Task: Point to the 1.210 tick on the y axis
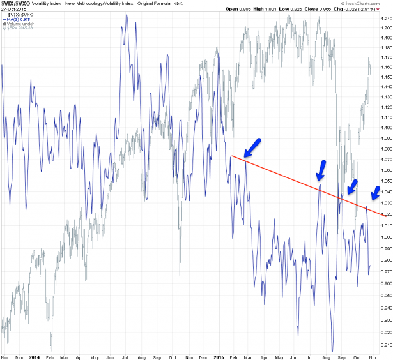[x=386, y=18]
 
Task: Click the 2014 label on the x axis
[x=35, y=356]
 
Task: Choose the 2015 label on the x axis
[x=217, y=356]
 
